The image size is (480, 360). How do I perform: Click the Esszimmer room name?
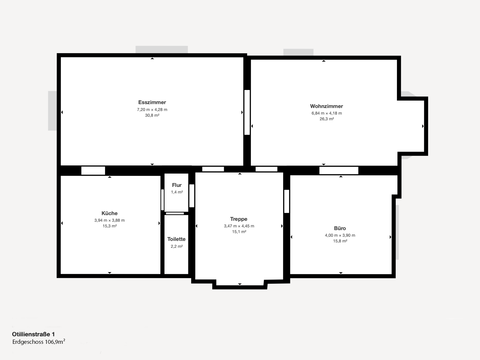point(152,102)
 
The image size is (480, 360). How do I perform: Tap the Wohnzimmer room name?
point(326,106)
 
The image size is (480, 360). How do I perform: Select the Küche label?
point(109,213)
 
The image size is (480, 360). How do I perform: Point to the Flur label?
point(177,185)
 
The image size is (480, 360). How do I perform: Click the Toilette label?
point(176,239)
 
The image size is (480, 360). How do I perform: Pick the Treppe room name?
point(239,219)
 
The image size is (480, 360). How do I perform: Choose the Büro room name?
point(340,228)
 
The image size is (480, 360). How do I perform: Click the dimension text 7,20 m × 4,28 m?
point(152,110)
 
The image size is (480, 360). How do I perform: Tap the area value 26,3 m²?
point(327,119)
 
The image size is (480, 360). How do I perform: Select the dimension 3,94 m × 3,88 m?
point(109,220)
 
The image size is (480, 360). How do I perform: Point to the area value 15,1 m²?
point(239,232)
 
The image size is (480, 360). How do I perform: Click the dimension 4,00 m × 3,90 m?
point(340,235)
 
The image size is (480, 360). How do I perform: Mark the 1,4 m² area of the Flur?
point(177,192)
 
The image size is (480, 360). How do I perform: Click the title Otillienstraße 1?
point(34,334)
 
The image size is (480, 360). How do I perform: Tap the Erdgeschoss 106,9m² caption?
point(39,342)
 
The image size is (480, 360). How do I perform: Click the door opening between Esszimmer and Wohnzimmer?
point(247,112)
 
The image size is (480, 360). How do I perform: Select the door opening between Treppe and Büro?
point(287,201)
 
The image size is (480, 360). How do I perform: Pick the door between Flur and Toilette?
point(175,213)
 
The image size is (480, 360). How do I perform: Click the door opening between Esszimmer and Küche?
point(93,171)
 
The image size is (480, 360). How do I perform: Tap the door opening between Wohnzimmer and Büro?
point(339,170)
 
